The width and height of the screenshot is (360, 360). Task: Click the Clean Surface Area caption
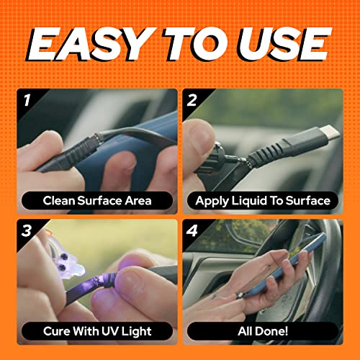point(98,201)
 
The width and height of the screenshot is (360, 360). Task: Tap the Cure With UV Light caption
point(98,331)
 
